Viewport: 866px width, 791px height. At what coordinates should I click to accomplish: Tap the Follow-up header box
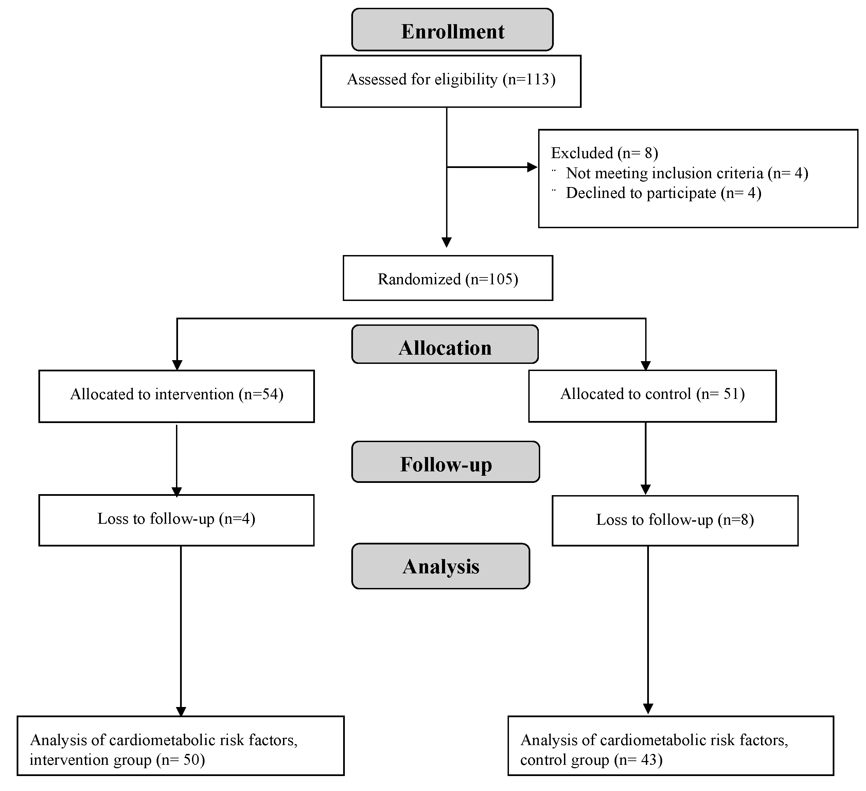tap(445, 462)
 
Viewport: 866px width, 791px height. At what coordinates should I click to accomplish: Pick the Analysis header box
tap(440, 566)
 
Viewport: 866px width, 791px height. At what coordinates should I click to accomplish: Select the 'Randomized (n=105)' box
tap(447, 278)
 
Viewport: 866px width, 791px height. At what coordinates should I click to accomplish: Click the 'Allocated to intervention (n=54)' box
tap(177, 396)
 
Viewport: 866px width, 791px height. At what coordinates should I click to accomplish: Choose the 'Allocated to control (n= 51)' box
tap(652, 395)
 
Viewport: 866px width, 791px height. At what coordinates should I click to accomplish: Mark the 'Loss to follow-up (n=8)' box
tap(675, 521)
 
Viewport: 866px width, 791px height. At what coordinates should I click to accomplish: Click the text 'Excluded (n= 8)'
tap(604, 153)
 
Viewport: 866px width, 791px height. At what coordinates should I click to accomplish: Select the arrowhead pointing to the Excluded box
tap(532, 167)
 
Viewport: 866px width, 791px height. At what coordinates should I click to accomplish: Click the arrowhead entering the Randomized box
tap(447, 242)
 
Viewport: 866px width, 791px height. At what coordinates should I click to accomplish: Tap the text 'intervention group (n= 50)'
tap(117, 760)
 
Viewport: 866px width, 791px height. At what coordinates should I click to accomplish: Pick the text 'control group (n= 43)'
tap(591, 760)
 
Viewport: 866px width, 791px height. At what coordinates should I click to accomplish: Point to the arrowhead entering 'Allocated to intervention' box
tap(177, 365)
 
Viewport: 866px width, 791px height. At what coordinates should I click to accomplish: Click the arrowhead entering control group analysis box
tap(648, 708)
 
